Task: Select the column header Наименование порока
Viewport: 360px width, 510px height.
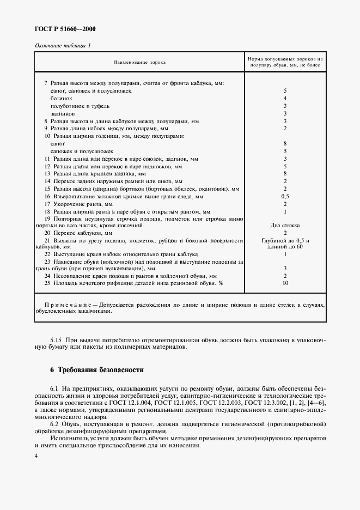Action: [x=139, y=63]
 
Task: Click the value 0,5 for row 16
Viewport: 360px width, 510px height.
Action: [x=285, y=196]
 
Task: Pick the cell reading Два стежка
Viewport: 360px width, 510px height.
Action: [x=285, y=225]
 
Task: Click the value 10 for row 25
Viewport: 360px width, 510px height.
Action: [x=285, y=283]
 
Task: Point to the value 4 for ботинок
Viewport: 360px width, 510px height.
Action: [x=285, y=98]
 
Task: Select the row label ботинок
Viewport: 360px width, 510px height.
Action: [x=61, y=98]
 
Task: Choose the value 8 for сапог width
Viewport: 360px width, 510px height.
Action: [x=285, y=143]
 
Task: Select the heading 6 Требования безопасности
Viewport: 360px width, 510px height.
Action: [x=96, y=370]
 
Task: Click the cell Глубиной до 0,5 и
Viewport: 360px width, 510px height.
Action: [x=285, y=240]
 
